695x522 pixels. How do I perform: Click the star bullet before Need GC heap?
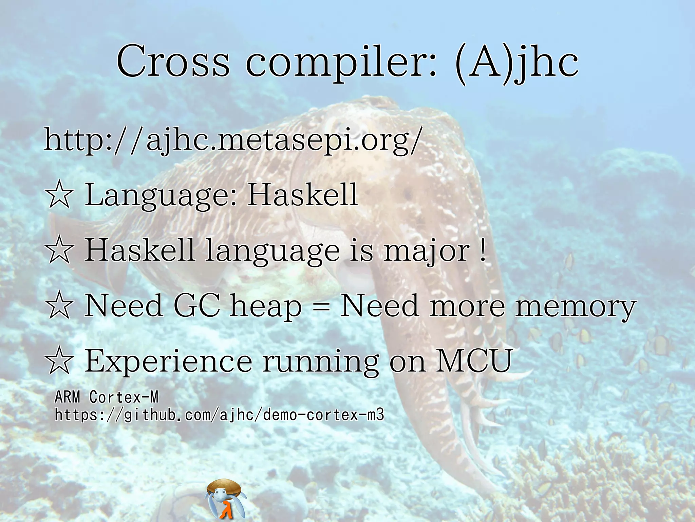pyautogui.click(x=59, y=306)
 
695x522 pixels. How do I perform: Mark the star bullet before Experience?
pyautogui.click(x=59, y=361)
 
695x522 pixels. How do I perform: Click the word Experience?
pyautogui.click(x=168, y=361)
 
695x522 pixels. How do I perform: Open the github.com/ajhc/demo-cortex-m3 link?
pyautogui.click(x=219, y=415)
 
